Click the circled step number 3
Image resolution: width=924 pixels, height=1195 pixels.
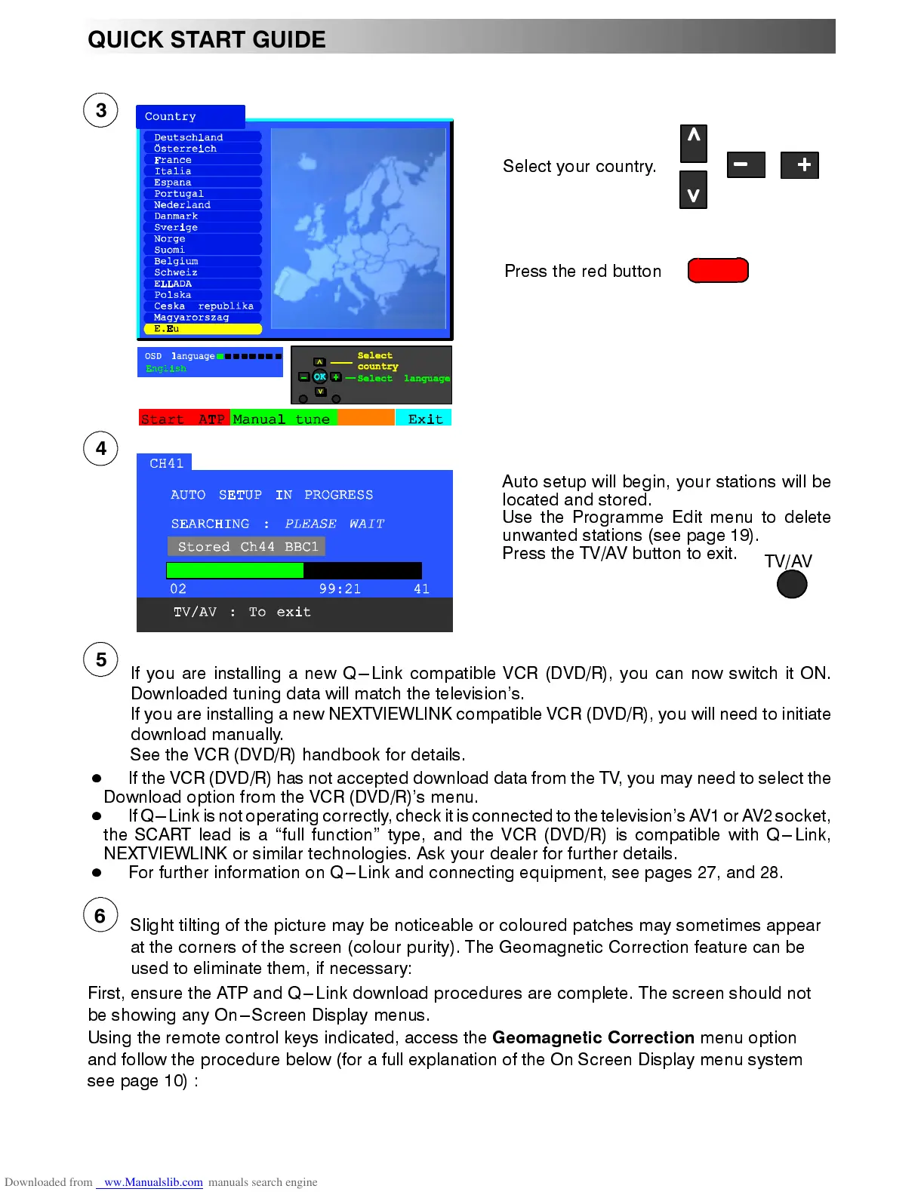100,111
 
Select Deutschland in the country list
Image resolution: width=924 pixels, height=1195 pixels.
189,137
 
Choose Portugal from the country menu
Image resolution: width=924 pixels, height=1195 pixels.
179,194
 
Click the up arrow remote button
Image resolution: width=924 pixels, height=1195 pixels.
693,143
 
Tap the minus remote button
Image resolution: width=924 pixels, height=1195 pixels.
745,164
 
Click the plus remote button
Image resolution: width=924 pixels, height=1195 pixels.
799,164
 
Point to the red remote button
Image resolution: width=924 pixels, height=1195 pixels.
718,270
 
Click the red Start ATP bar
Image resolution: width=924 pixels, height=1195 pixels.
184,419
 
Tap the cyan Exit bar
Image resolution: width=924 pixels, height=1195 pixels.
424,419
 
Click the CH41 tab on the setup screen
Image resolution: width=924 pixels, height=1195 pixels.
165,463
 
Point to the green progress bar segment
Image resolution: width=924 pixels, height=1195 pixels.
234,570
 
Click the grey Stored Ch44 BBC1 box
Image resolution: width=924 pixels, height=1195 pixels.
247,546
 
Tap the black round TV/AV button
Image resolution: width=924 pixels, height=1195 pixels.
792,584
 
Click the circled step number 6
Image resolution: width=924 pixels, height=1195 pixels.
100,915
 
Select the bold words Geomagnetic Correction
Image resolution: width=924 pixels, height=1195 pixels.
593,1037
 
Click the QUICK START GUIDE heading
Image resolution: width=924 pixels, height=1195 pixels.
207,39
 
